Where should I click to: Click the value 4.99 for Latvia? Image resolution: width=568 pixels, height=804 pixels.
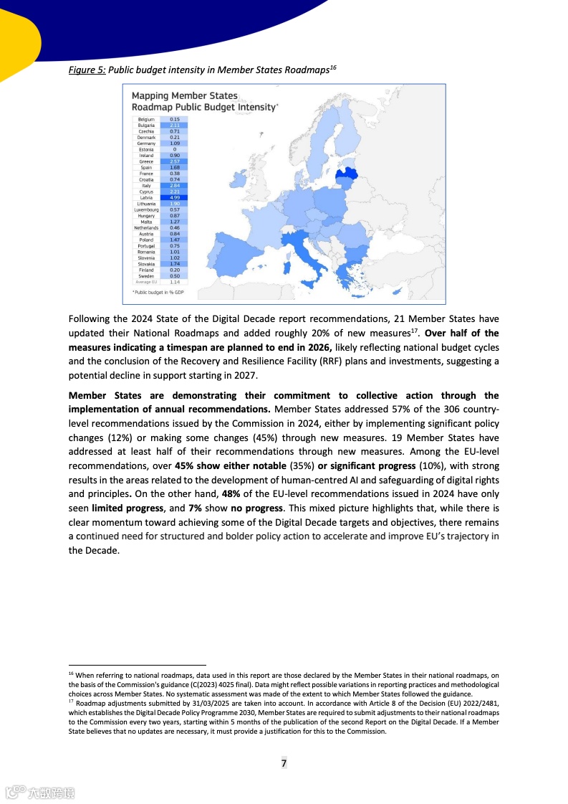point(174,198)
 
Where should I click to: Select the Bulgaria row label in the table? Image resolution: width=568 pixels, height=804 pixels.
point(146,126)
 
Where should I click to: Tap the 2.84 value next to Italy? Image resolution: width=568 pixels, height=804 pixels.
point(174,186)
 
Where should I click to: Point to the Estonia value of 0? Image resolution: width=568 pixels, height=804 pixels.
point(174,149)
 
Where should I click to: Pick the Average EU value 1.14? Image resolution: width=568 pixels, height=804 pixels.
point(174,282)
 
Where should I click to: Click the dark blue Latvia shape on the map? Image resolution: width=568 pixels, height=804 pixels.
point(348,173)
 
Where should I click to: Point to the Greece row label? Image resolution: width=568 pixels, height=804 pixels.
point(146,161)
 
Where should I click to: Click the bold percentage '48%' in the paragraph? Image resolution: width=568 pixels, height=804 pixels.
point(231,494)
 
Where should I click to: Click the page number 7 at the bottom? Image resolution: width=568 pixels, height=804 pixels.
point(284,763)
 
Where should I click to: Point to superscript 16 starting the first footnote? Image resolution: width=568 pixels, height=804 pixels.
point(71,675)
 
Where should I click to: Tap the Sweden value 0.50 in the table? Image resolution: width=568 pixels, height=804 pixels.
point(174,276)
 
